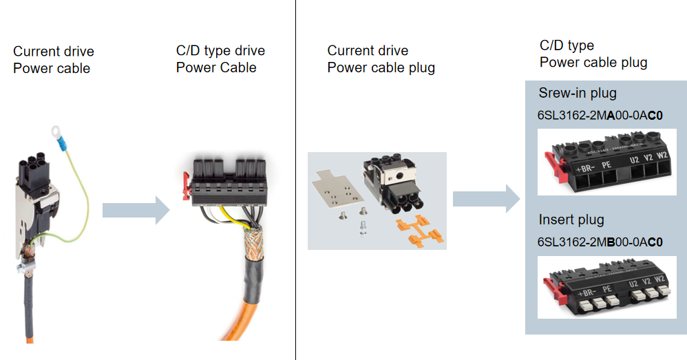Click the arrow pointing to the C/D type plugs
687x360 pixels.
(x=485, y=198)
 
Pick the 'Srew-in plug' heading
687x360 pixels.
(x=578, y=93)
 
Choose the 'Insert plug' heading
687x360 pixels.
(x=571, y=220)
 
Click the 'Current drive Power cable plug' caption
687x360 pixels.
(x=381, y=59)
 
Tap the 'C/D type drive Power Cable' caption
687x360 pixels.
(x=220, y=59)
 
